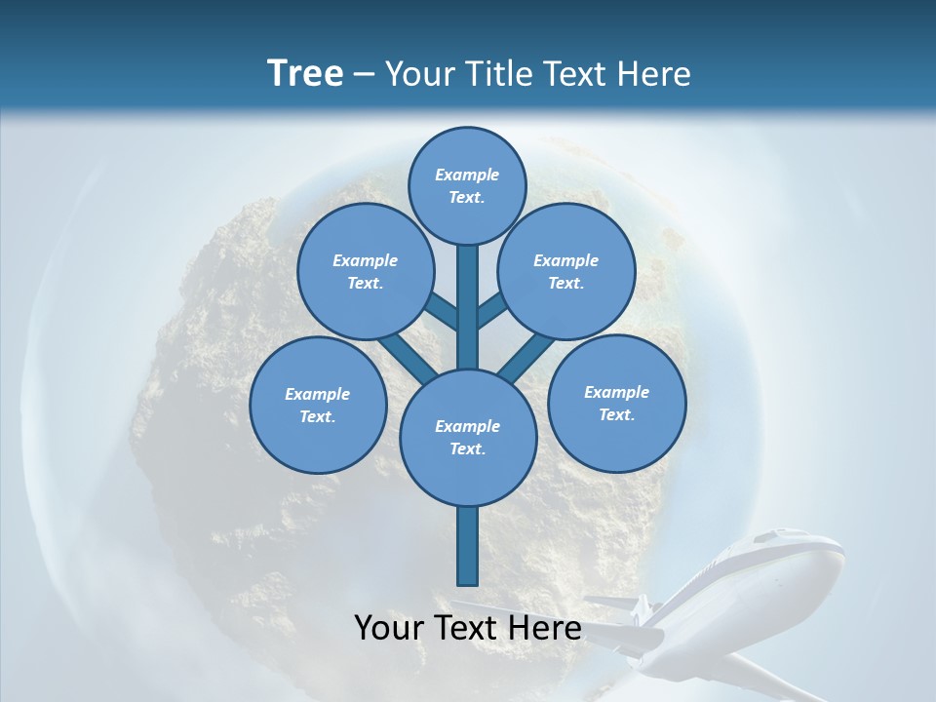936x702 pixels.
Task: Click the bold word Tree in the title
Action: [305, 73]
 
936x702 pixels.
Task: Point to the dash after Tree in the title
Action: [364, 75]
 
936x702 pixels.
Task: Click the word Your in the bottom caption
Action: [391, 628]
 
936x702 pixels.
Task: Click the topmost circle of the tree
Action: [467, 185]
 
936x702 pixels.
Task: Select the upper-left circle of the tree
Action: [365, 271]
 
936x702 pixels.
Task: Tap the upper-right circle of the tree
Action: [566, 271]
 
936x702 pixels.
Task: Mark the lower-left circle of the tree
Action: [318, 405]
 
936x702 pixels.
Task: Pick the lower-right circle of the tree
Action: [616, 403]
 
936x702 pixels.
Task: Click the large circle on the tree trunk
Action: [467, 437]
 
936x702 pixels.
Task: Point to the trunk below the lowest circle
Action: [467, 546]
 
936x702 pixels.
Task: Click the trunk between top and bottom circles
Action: [467, 307]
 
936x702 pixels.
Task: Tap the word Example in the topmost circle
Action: [467, 175]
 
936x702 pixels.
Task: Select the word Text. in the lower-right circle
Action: [616, 414]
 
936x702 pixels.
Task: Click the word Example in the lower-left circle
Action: [318, 394]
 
